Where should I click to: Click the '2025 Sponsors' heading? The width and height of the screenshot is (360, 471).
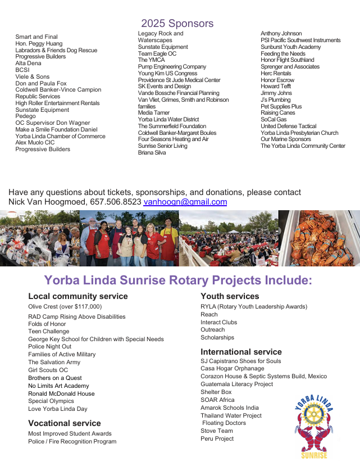pyautogui.click(x=177, y=24)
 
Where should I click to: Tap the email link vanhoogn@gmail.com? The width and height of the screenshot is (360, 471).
pyautogui.click(x=185, y=202)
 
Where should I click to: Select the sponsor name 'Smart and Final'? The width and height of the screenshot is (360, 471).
pyautogui.click(x=37, y=37)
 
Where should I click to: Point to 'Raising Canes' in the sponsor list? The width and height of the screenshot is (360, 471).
pyautogui.click(x=278, y=113)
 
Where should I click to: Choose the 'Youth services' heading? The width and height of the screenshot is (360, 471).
pyautogui.click(x=230, y=296)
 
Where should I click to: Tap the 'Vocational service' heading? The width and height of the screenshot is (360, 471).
pyautogui.click(x=65, y=423)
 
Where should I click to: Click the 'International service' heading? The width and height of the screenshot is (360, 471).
pyautogui.click(x=241, y=352)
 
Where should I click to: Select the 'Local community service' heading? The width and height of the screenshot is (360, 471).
pyautogui.click(x=78, y=296)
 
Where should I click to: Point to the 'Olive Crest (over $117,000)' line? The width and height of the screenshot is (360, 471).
pyautogui.click(x=65, y=307)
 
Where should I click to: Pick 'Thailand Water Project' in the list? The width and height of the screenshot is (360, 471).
pyautogui.click(x=231, y=415)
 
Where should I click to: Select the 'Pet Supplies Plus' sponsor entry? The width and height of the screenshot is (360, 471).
pyautogui.click(x=281, y=106)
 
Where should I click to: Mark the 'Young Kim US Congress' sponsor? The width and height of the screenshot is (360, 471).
pyautogui.click(x=167, y=74)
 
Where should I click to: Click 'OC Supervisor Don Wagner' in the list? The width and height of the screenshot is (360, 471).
pyautogui.click(x=53, y=123)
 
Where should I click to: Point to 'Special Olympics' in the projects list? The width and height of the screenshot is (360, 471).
pyautogui.click(x=51, y=401)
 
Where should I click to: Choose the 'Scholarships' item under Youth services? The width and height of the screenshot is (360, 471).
pyautogui.click(x=217, y=338)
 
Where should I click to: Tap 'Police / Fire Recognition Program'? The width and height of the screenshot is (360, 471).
pyautogui.click(x=72, y=442)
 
